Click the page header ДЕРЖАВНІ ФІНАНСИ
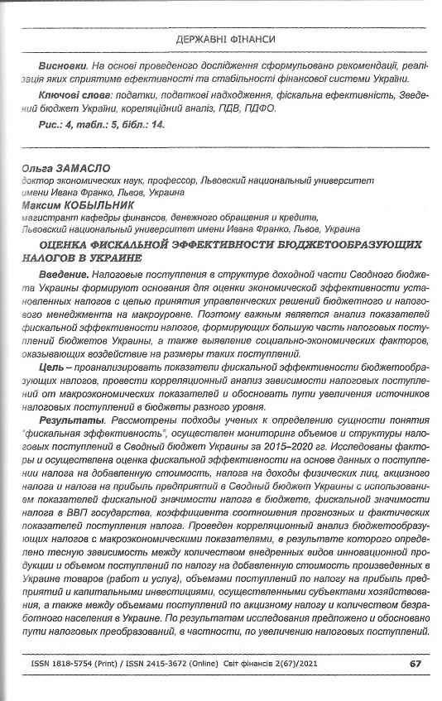[x=225, y=39]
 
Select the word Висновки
[x=62, y=65]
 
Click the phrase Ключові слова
[x=72, y=96]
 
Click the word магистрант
[x=49, y=217]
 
